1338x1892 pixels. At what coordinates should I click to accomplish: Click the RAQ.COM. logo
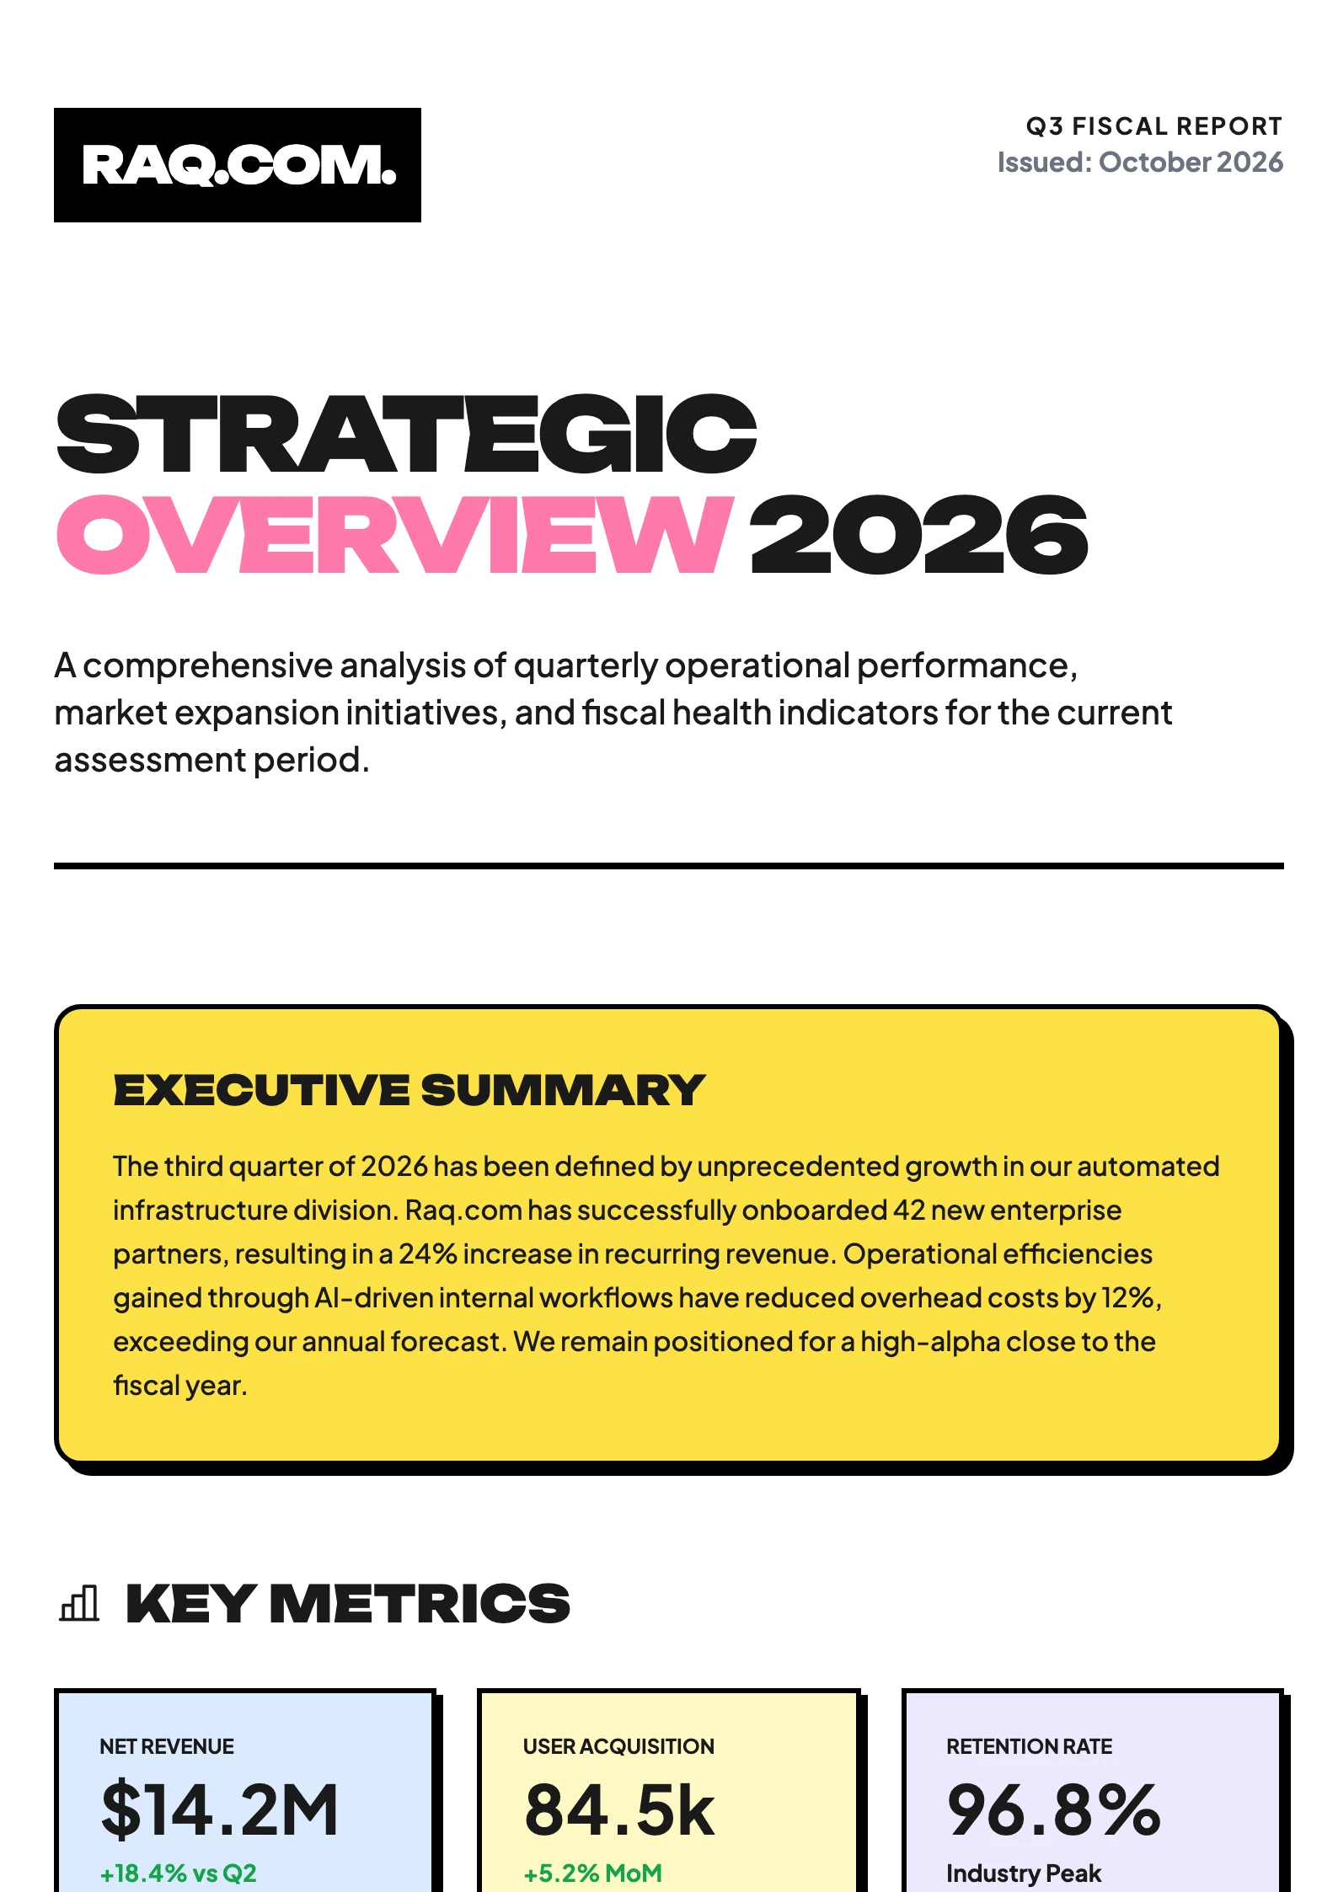[238, 165]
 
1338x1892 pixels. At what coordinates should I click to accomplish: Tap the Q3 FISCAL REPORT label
[1153, 126]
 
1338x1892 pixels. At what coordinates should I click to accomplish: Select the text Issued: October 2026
[1140, 162]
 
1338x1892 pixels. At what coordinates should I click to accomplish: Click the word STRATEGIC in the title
[406, 434]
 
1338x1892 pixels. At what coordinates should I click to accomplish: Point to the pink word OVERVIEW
[394, 535]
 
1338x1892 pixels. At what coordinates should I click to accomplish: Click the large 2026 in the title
[919, 535]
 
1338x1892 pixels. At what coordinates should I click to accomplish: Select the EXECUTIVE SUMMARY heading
[409, 1090]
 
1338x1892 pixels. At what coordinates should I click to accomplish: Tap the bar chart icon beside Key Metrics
[79, 1602]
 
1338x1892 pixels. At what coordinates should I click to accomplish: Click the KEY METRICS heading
[348, 1603]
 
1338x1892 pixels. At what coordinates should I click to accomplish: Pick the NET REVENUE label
[167, 1746]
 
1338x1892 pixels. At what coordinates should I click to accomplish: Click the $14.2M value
[220, 1809]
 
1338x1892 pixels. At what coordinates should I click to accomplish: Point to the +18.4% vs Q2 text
[179, 1873]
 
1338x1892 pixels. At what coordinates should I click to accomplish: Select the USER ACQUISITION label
[618, 1746]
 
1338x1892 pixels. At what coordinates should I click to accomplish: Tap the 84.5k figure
[619, 1809]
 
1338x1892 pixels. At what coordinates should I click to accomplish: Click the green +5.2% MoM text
[593, 1873]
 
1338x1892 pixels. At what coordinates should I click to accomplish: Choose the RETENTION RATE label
[1030, 1746]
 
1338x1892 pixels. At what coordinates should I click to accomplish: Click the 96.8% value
[1054, 1809]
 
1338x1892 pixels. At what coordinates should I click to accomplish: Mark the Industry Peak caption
[1024, 1873]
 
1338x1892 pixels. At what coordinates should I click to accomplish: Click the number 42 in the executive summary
[909, 1211]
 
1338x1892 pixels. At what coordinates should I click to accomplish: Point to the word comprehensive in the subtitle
[208, 666]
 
